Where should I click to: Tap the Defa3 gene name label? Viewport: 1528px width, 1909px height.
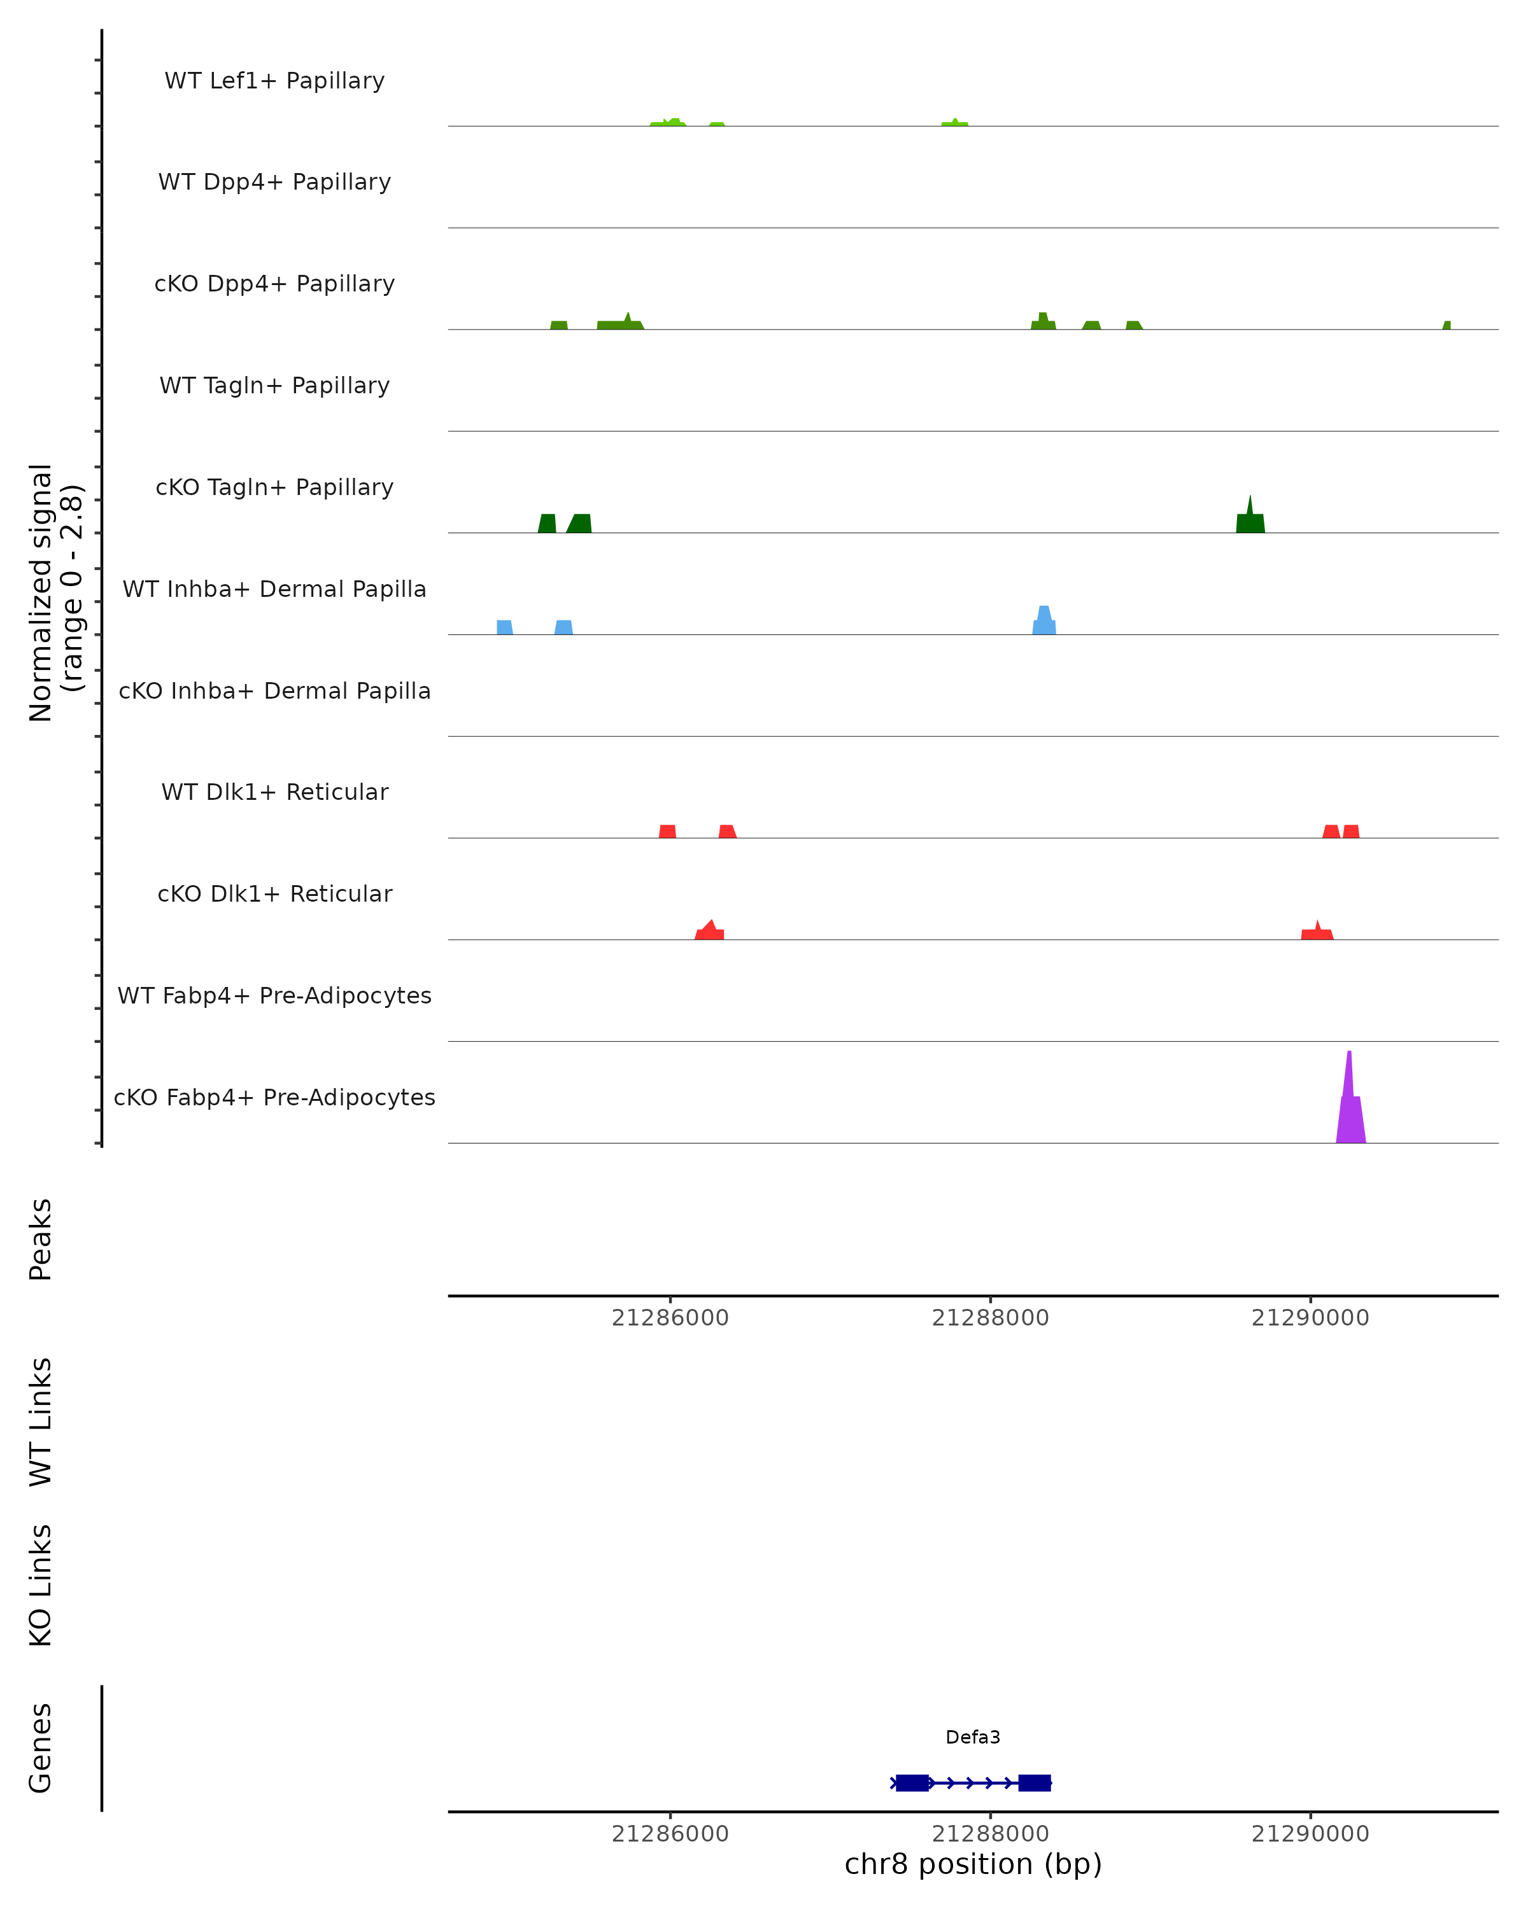973,1737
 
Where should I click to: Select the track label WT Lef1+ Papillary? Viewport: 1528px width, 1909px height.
274,81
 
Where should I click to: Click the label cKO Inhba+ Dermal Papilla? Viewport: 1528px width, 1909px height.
274,690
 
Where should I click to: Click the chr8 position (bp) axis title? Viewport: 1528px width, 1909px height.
973,1864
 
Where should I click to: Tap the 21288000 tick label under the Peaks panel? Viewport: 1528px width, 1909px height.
989,1318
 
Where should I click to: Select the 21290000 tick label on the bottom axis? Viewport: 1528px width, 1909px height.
1310,1835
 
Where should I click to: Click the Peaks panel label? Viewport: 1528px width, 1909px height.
41,1239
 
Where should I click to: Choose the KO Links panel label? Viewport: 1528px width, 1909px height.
41,1586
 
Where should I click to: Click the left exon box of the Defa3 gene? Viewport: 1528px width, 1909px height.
912,1783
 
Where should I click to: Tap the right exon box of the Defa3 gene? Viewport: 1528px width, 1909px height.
1034,1783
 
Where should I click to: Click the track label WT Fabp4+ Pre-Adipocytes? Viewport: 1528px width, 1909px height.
274,996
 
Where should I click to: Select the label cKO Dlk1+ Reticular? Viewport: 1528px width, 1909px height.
274,894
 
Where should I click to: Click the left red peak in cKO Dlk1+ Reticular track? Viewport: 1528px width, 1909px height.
709,932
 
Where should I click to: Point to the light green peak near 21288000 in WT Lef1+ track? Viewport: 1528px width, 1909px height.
954,123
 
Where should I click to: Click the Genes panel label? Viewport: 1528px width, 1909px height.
41,1749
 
